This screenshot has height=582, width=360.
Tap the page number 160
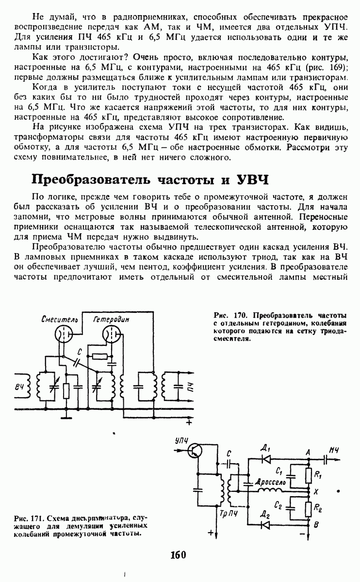[179, 555]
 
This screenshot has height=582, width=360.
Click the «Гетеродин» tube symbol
[113, 334]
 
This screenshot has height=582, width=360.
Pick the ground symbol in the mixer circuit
[70, 416]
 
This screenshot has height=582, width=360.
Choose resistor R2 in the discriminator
[308, 509]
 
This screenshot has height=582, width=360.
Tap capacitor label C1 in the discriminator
[278, 471]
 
